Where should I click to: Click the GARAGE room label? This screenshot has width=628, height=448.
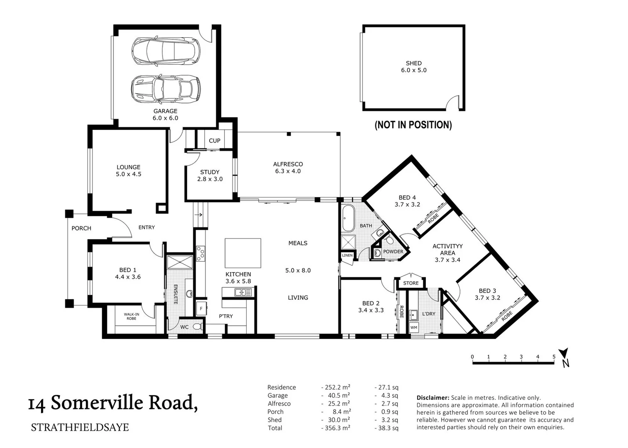[165, 111]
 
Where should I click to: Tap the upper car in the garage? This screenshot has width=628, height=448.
[166, 51]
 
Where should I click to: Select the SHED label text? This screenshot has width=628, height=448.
[413, 63]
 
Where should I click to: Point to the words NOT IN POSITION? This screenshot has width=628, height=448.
[413, 125]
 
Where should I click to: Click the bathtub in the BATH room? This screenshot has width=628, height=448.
[348, 218]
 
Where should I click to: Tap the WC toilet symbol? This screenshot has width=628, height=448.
[198, 326]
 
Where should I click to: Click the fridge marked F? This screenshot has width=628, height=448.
[201, 309]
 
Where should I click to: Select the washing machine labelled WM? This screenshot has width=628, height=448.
[414, 327]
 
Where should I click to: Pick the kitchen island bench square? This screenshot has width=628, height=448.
[243, 253]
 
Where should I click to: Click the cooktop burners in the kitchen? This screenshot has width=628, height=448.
[200, 253]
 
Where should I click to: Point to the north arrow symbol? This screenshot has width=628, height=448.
[564, 358]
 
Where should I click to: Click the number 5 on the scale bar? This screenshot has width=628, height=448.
[554, 357]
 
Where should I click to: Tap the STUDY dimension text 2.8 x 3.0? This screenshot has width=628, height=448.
[210, 179]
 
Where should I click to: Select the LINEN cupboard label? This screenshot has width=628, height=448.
[347, 255]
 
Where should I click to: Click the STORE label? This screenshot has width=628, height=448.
[411, 283]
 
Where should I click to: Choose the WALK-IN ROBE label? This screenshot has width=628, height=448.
[131, 317]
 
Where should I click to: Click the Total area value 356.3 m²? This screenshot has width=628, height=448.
[337, 428]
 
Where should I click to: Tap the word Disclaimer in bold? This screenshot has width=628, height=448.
[433, 397]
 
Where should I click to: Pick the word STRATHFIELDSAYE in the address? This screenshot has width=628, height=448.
[80, 427]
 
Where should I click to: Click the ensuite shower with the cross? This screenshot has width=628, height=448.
[180, 262]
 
